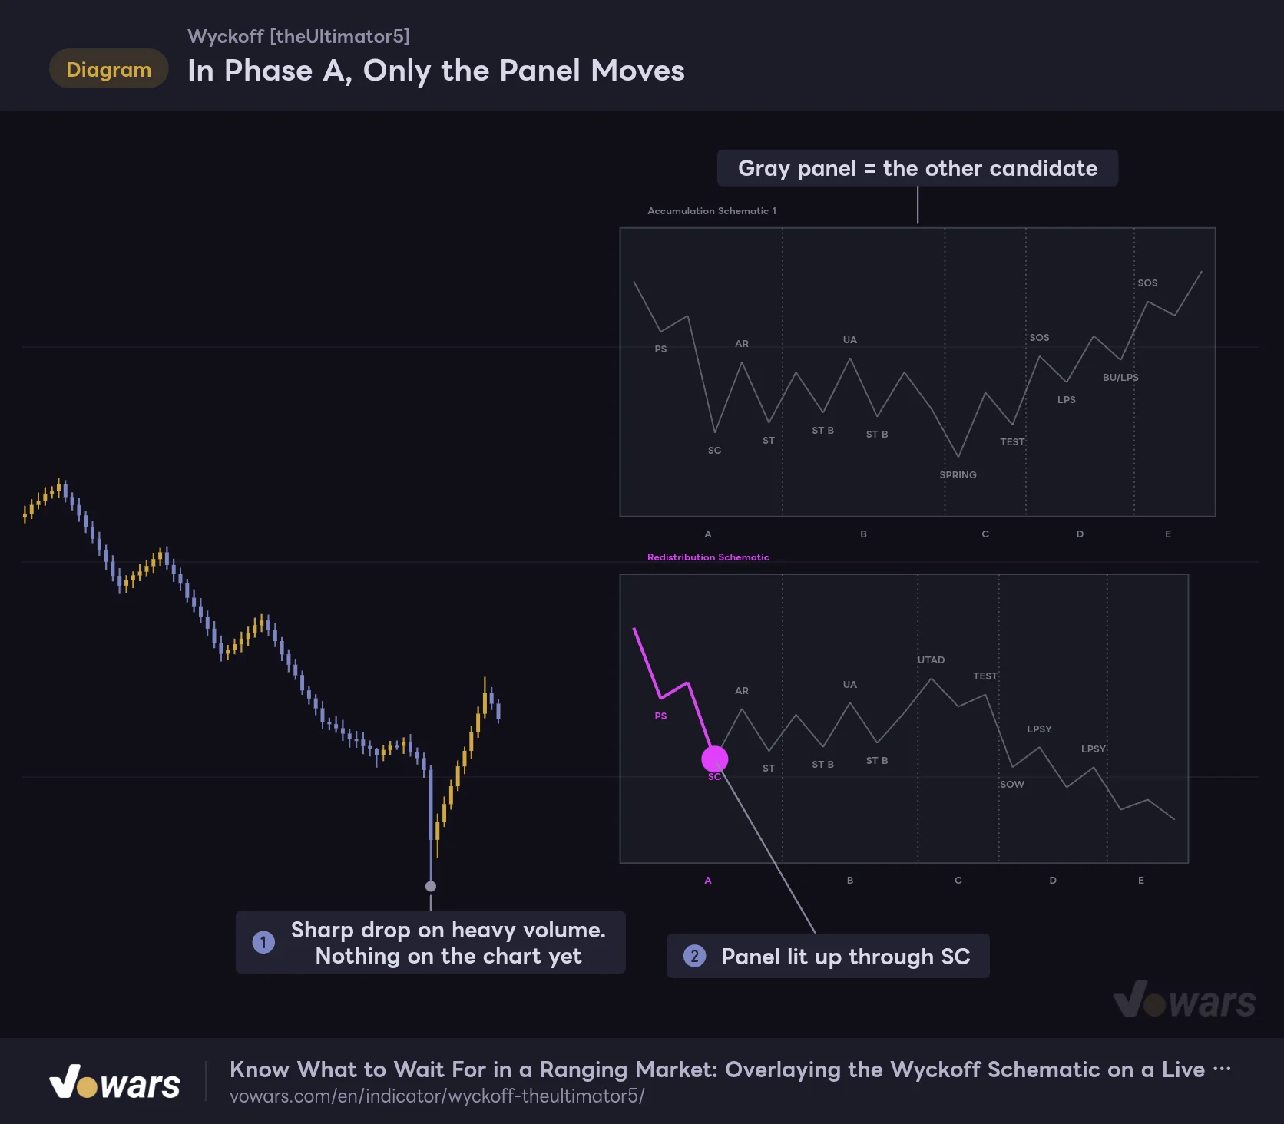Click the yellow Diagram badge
pyautogui.click(x=108, y=69)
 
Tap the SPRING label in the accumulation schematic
pyautogui.click(x=958, y=474)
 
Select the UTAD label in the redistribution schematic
pyautogui.click(x=931, y=660)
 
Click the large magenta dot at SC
pyautogui.click(x=714, y=759)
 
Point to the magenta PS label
pyautogui.click(x=660, y=716)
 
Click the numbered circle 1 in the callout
pyautogui.click(x=263, y=942)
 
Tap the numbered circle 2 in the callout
pyautogui.click(x=694, y=956)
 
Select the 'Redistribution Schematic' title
pyautogui.click(x=708, y=557)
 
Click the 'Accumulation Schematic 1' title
pyautogui.click(x=712, y=210)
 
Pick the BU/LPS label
pyautogui.click(x=1120, y=377)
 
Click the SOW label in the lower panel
pyautogui.click(x=1012, y=784)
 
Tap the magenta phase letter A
pyautogui.click(x=708, y=880)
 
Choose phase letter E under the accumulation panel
pyautogui.click(x=1168, y=534)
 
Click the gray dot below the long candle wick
pyautogui.click(x=431, y=886)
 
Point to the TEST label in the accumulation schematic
pyautogui.click(x=1012, y=441)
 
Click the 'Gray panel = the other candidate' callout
pyautogui.click(x=918, y=168)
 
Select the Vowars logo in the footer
pyautogui.click(x=115, y=1082)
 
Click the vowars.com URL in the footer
pyautogui.click(x=437, y=1096)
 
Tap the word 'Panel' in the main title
pyautogui.click(x=540, y=71)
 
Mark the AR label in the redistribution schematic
pyautogui.click(x=742, y=690)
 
